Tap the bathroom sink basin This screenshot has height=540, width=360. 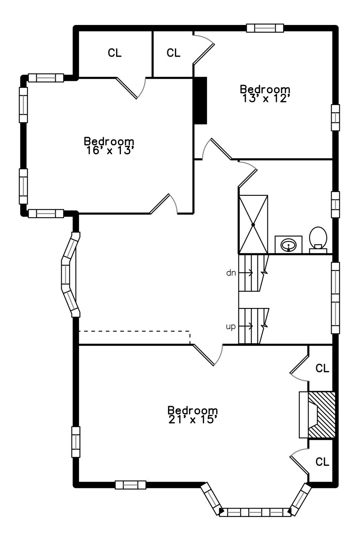coord(289,245)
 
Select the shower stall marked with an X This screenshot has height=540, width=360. coord(253,224)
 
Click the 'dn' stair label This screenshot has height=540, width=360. coord(231,273)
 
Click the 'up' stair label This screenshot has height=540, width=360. coord(231,327)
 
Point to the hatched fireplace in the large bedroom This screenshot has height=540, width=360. coord(321,415)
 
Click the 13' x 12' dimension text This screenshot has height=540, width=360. coord(265,99)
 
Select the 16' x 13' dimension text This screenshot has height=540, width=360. coord(109,151)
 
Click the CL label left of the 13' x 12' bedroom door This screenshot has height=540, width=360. coord(173,53)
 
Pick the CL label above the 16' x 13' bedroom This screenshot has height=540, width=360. coord(115,53)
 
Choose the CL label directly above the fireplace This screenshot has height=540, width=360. coord(322,368)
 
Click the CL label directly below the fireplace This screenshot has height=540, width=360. coord(322,462)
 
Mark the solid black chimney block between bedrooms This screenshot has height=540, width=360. coord(200,101)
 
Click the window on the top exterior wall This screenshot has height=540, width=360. coord(265,28)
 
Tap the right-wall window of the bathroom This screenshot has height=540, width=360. coord(335,205)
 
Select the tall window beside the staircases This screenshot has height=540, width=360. coord(335,298)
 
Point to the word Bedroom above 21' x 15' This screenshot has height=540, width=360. coord(193,410)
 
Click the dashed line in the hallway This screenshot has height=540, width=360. coord(134,331)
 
